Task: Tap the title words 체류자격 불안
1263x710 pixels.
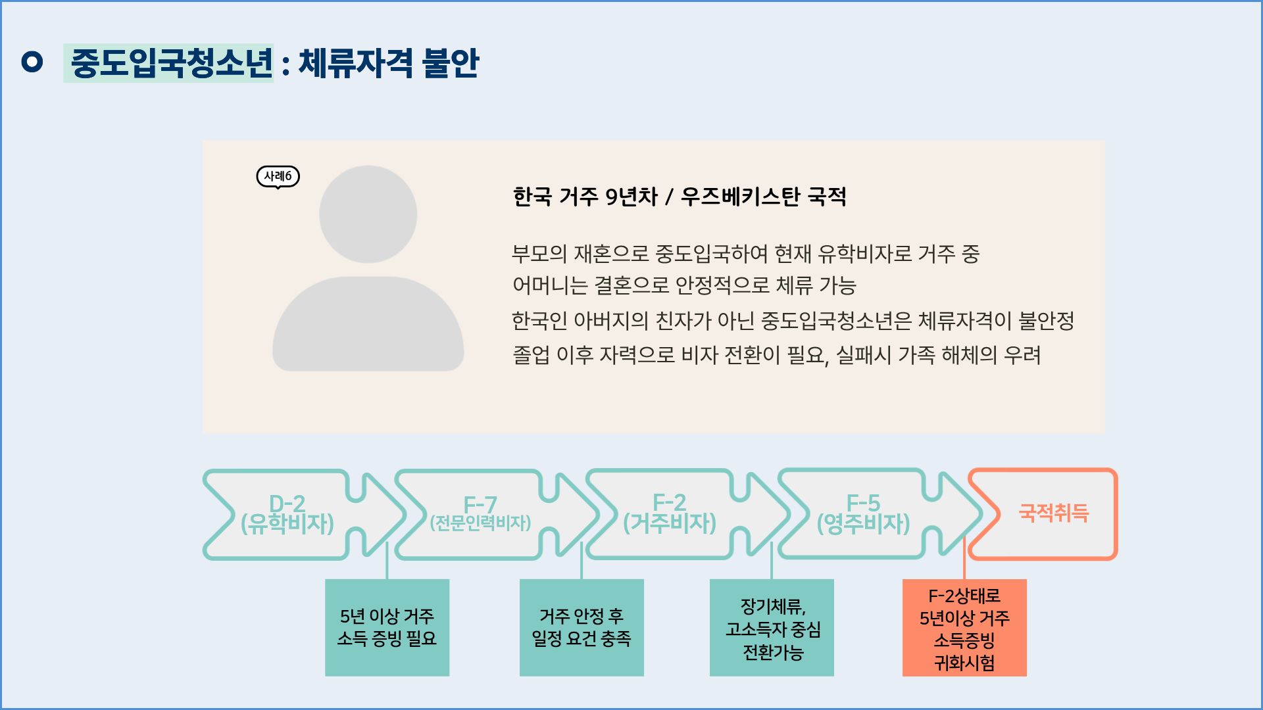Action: pyautogui.click(x=389, y=63)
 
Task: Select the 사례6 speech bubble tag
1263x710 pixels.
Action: pyautogui.click(x=278, y=176)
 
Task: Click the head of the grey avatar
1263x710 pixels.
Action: pyautogui.click(x=368, y=214)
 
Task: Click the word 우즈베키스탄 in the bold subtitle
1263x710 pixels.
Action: pyautogui.click(x=740, y=197)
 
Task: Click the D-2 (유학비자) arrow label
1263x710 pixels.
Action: pyautogui.click(x=287, y=513)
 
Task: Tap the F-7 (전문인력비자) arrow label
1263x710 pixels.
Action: pyautogui.click(x=480, y=513)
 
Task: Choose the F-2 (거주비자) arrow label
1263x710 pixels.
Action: pyautogui.click(x=670, y=513)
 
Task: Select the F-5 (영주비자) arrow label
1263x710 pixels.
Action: pyautogui.click(x=863, y=513)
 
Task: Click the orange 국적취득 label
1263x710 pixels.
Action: pyautogui.click(x=1054, y=513)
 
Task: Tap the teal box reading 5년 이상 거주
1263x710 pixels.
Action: pyautogui.click(x=387, y=627)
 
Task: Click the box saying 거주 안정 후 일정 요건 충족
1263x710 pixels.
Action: pyautogui.click(x=582, y=627)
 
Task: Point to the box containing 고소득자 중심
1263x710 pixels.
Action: pyautogui.click(x=772, y=627)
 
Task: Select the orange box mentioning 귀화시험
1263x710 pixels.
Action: pyautogui.click(x=964, y=627)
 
